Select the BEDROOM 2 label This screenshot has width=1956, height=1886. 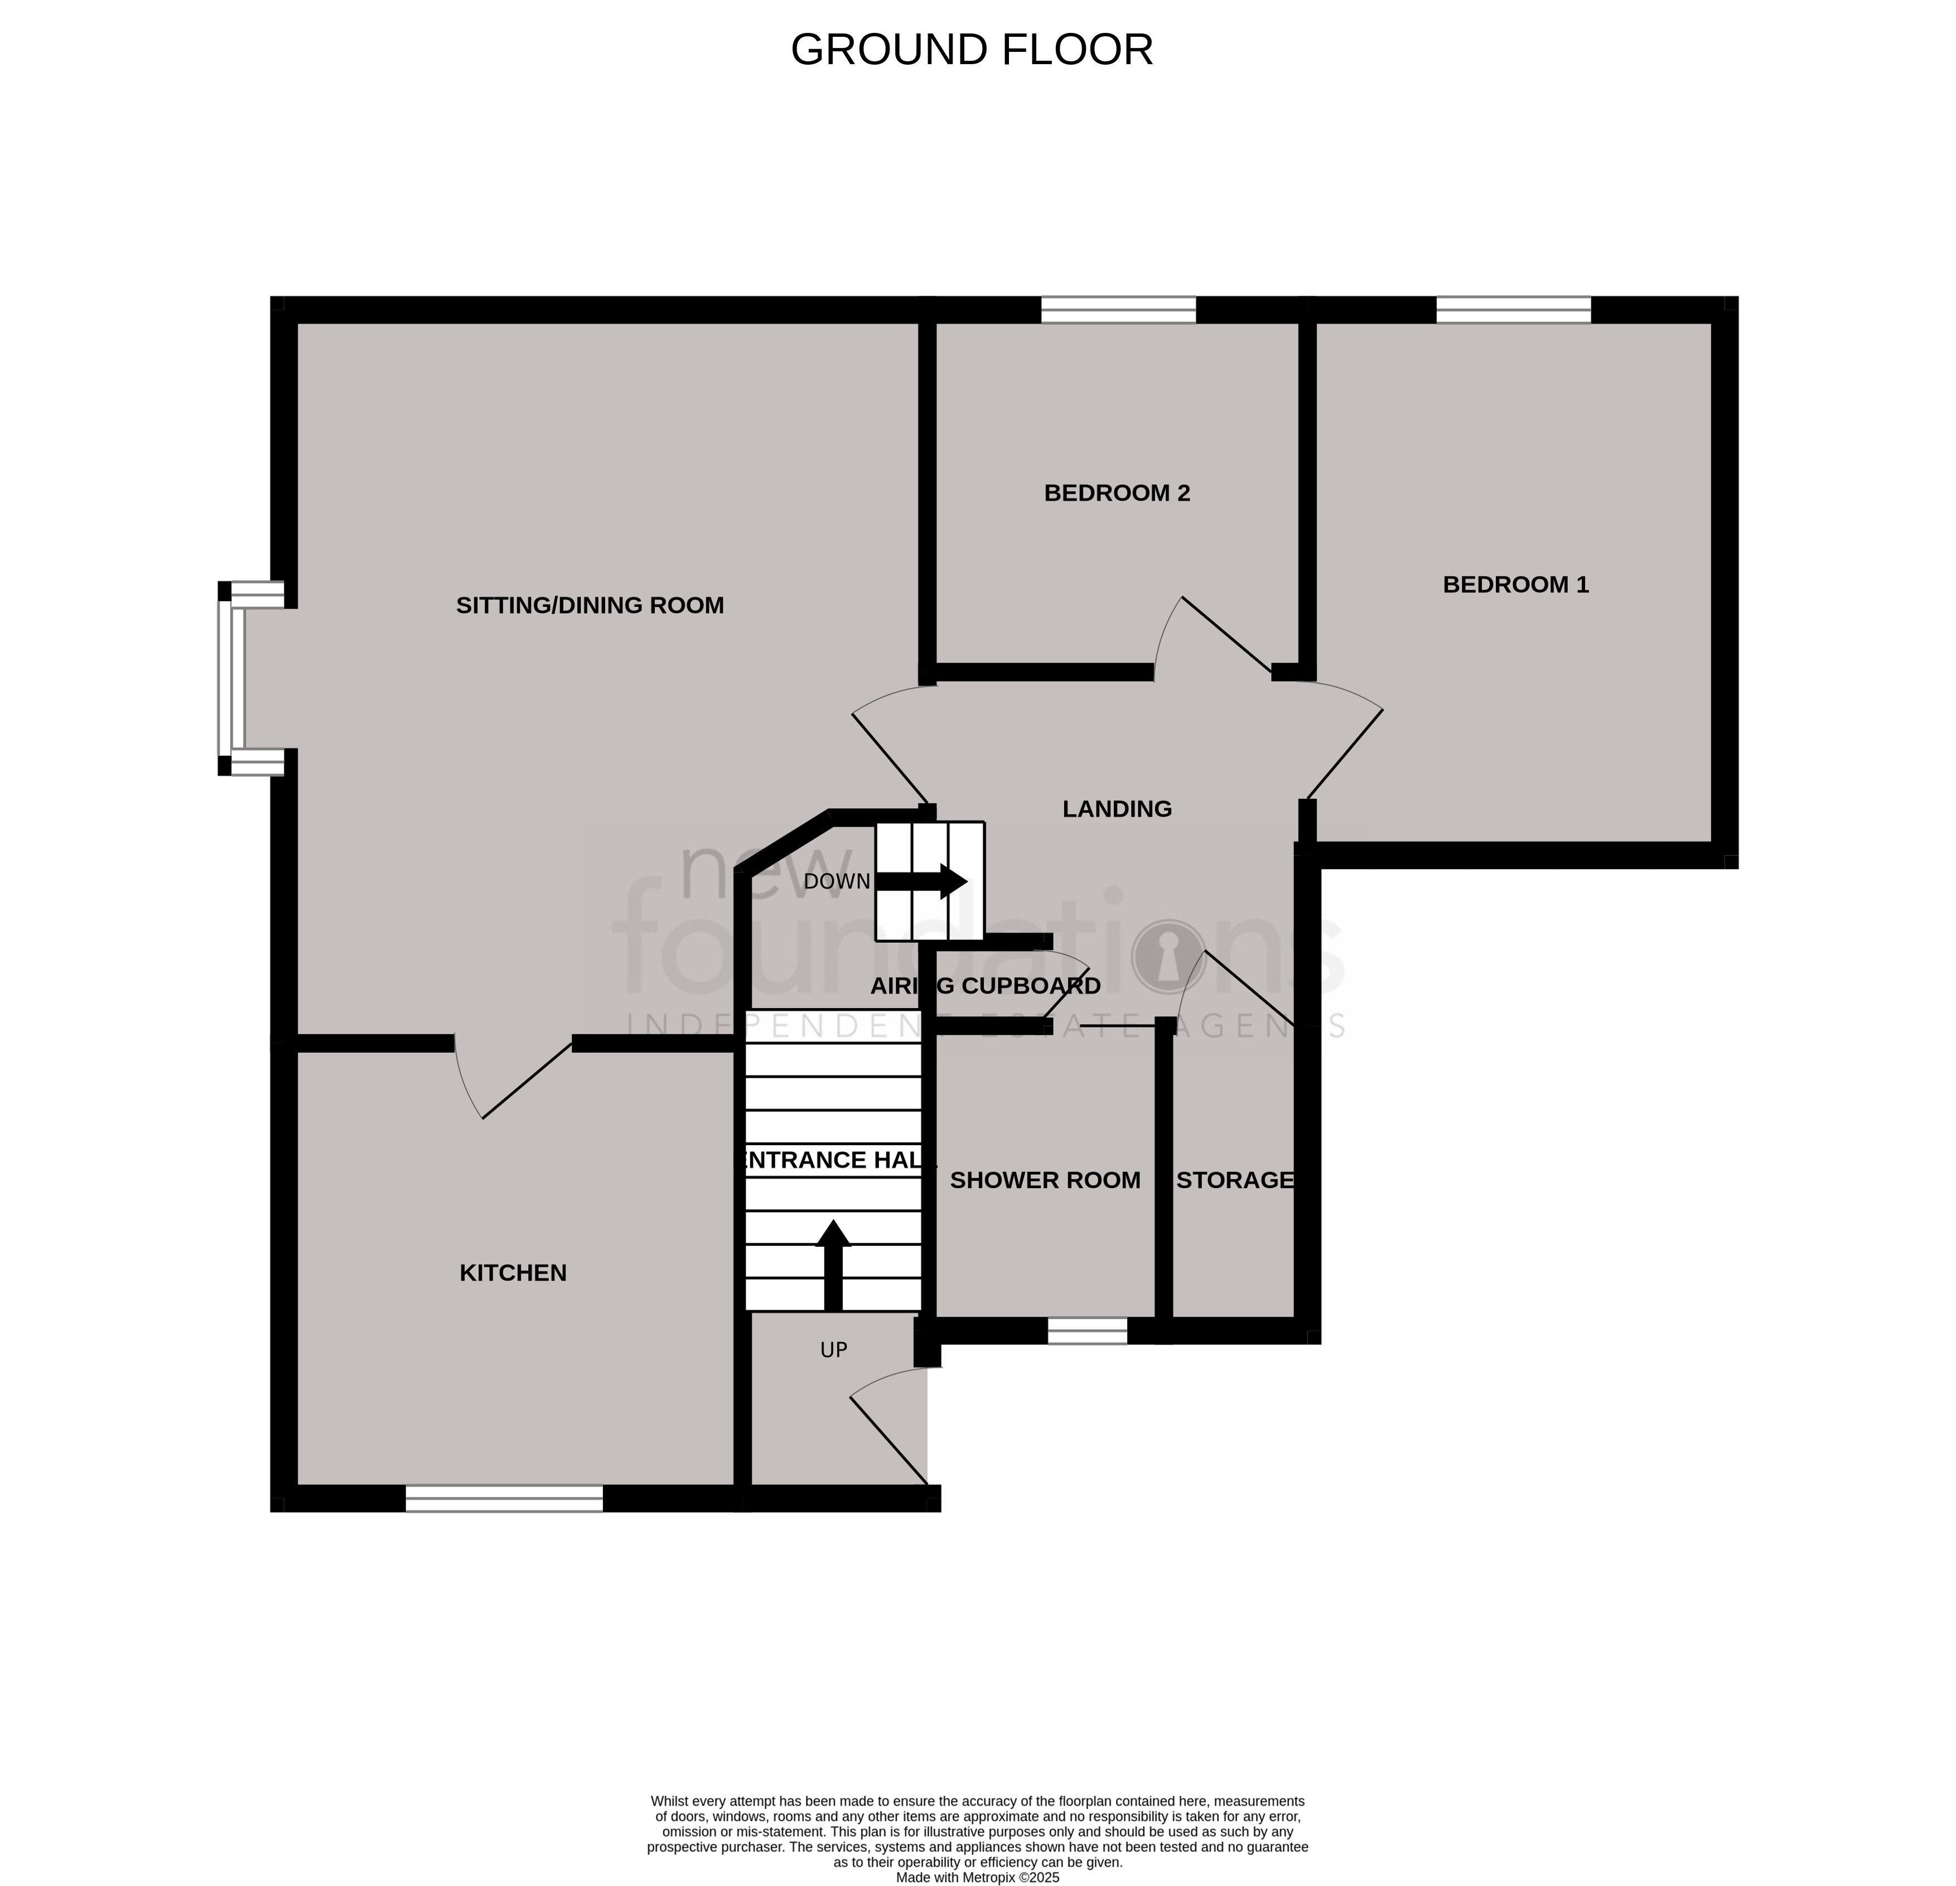pyautogui.click(x=1117, y=493)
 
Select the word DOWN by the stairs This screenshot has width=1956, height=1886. pyautogui.click(x=836, y=882)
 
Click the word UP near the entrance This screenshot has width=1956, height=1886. pyautogui.click(x=833, y=1350)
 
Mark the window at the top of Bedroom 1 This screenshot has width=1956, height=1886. pyautogui.click(x=1513, y=310)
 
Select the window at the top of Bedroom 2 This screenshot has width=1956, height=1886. pyautogui.click(x=1118, y=310)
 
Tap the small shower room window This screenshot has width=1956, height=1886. pyautogui.click(x=1087, y=1330)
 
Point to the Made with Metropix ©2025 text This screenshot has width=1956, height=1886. pyautogui.click(x=977, y=1877)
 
